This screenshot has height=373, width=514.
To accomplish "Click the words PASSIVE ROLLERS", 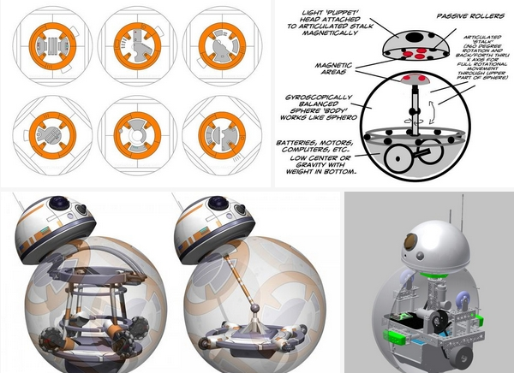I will point(457,15).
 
